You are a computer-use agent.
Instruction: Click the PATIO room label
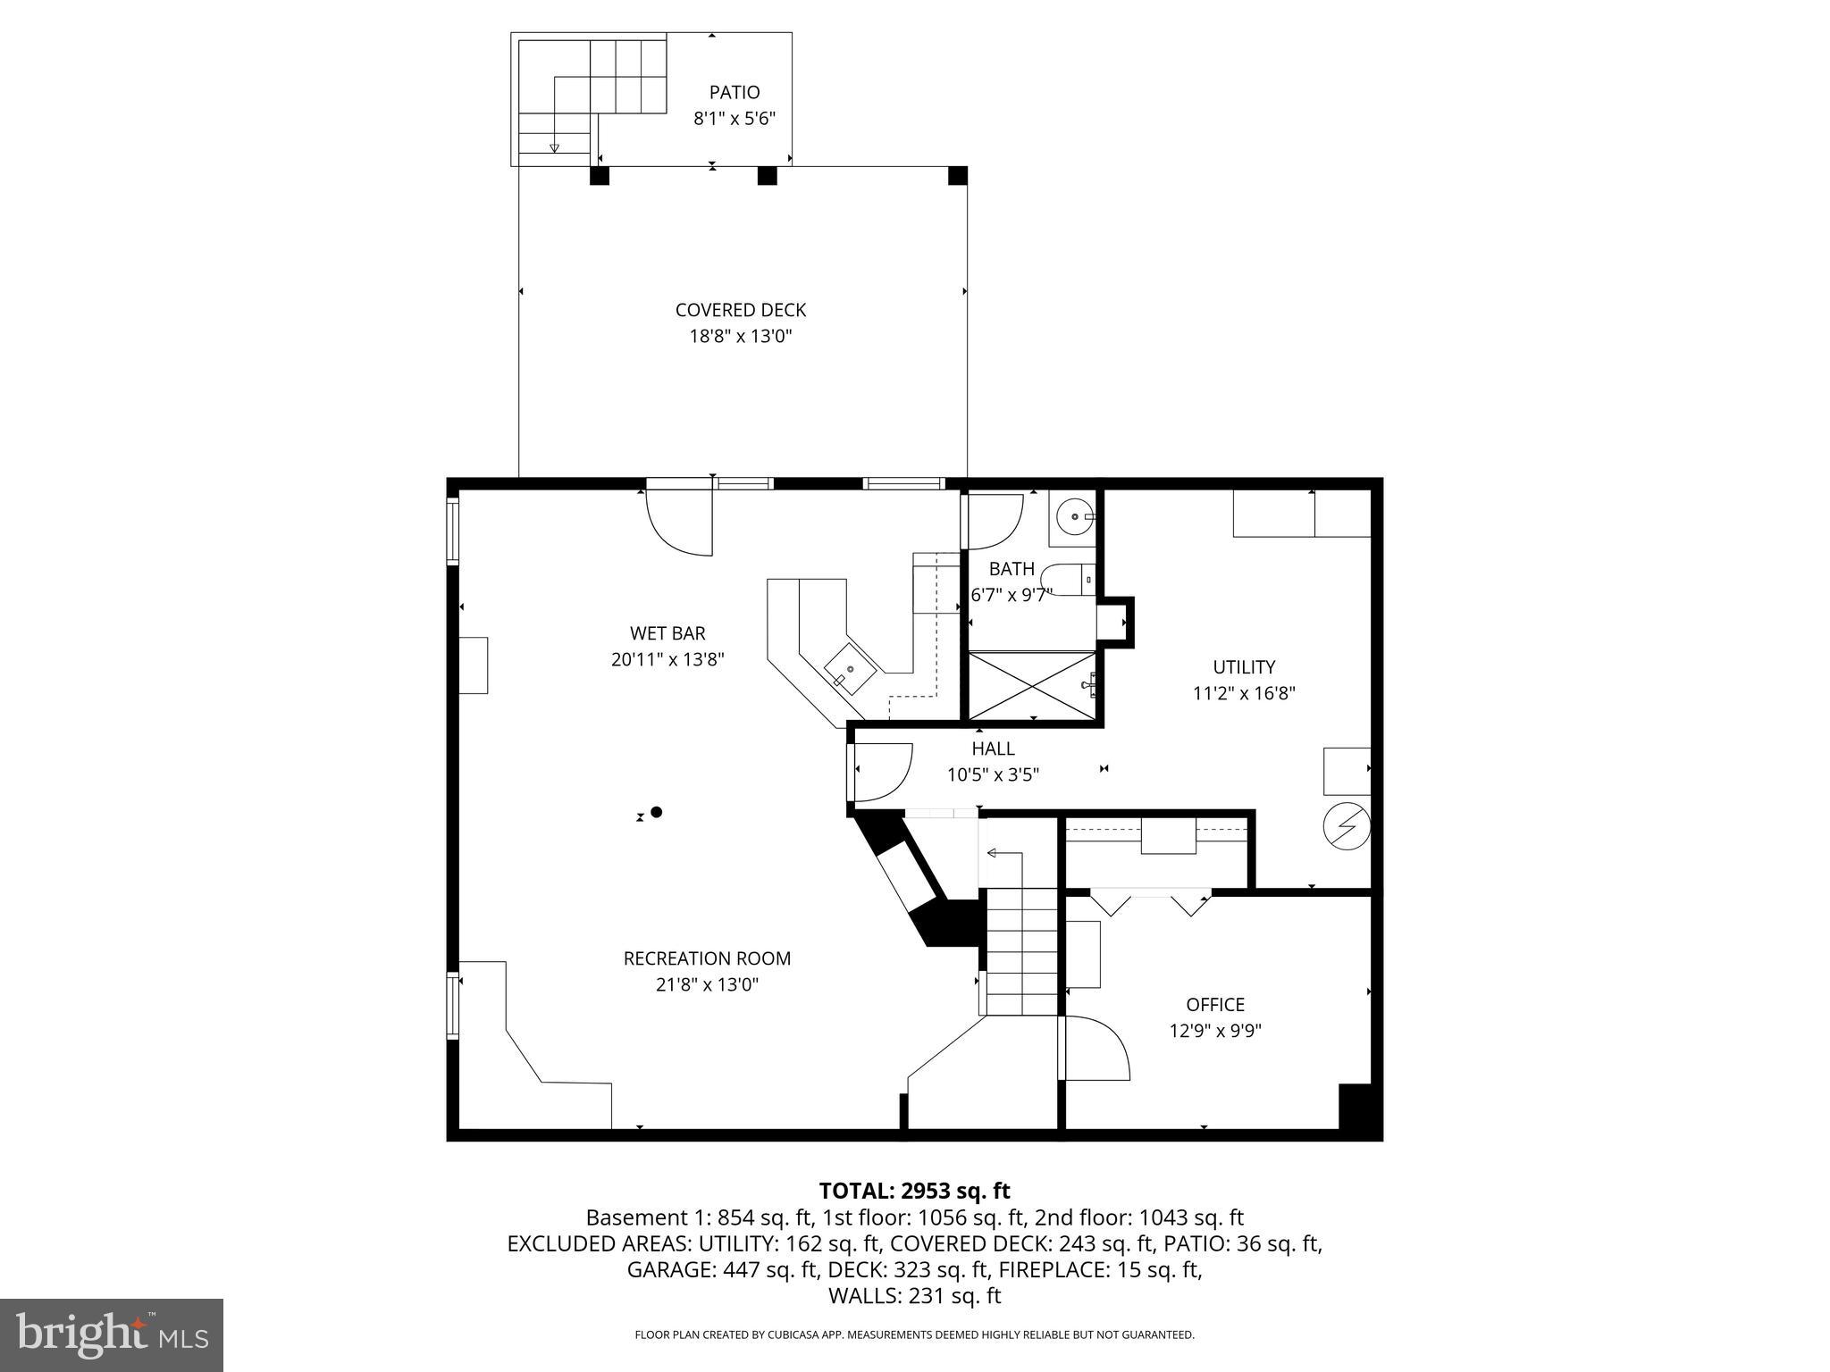[735, 92]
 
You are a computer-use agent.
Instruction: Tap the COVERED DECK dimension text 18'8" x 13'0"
[741, 337]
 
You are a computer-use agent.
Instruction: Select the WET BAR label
[667, 633]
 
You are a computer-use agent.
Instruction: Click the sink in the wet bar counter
[849, 668]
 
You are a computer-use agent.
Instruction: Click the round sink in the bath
[1072, 516]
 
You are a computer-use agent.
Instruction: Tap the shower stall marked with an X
[1033, 685]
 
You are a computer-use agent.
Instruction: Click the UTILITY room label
[1244, 667]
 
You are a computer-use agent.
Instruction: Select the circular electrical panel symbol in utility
[1346, 826]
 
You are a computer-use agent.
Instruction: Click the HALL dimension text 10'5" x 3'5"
[993, 775]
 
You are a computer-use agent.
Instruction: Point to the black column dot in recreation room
[657, 812]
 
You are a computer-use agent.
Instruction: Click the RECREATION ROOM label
[707, 958]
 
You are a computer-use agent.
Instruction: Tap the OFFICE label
[1215, 1005]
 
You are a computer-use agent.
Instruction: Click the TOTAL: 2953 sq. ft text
[914, 1191]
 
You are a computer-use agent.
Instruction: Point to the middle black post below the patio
[767, 176]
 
